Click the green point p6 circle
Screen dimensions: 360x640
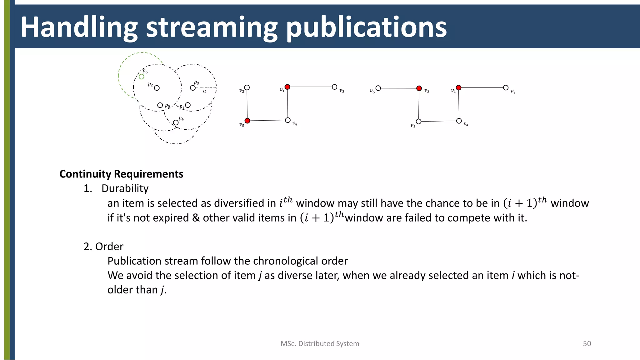click(x=142, y=77)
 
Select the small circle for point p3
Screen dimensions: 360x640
click(x=193, y=88)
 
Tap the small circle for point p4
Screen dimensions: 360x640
click(x=176, y=122)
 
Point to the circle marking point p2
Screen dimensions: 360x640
click(x=157, y=88)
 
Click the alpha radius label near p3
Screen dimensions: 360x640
click(x=205, y=91)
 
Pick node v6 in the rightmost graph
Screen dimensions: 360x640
click(x=378, y=88)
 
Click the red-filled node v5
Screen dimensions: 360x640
click(x=247, y=121)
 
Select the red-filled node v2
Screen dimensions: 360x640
click(x=419, y=88)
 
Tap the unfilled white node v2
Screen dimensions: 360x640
click(x=247, y=87)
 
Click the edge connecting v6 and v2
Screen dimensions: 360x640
click(x=398, y=88)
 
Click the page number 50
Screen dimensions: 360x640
click(x=587, y=344)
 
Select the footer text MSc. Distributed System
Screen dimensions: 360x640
click(x=320, y=344)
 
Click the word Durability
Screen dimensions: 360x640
click(x=125, y=188)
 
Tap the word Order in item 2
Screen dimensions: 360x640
click(x=109, y=247)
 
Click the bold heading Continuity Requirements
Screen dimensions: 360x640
click(x=121, y=174)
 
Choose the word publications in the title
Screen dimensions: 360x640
click(x=366, y=27)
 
